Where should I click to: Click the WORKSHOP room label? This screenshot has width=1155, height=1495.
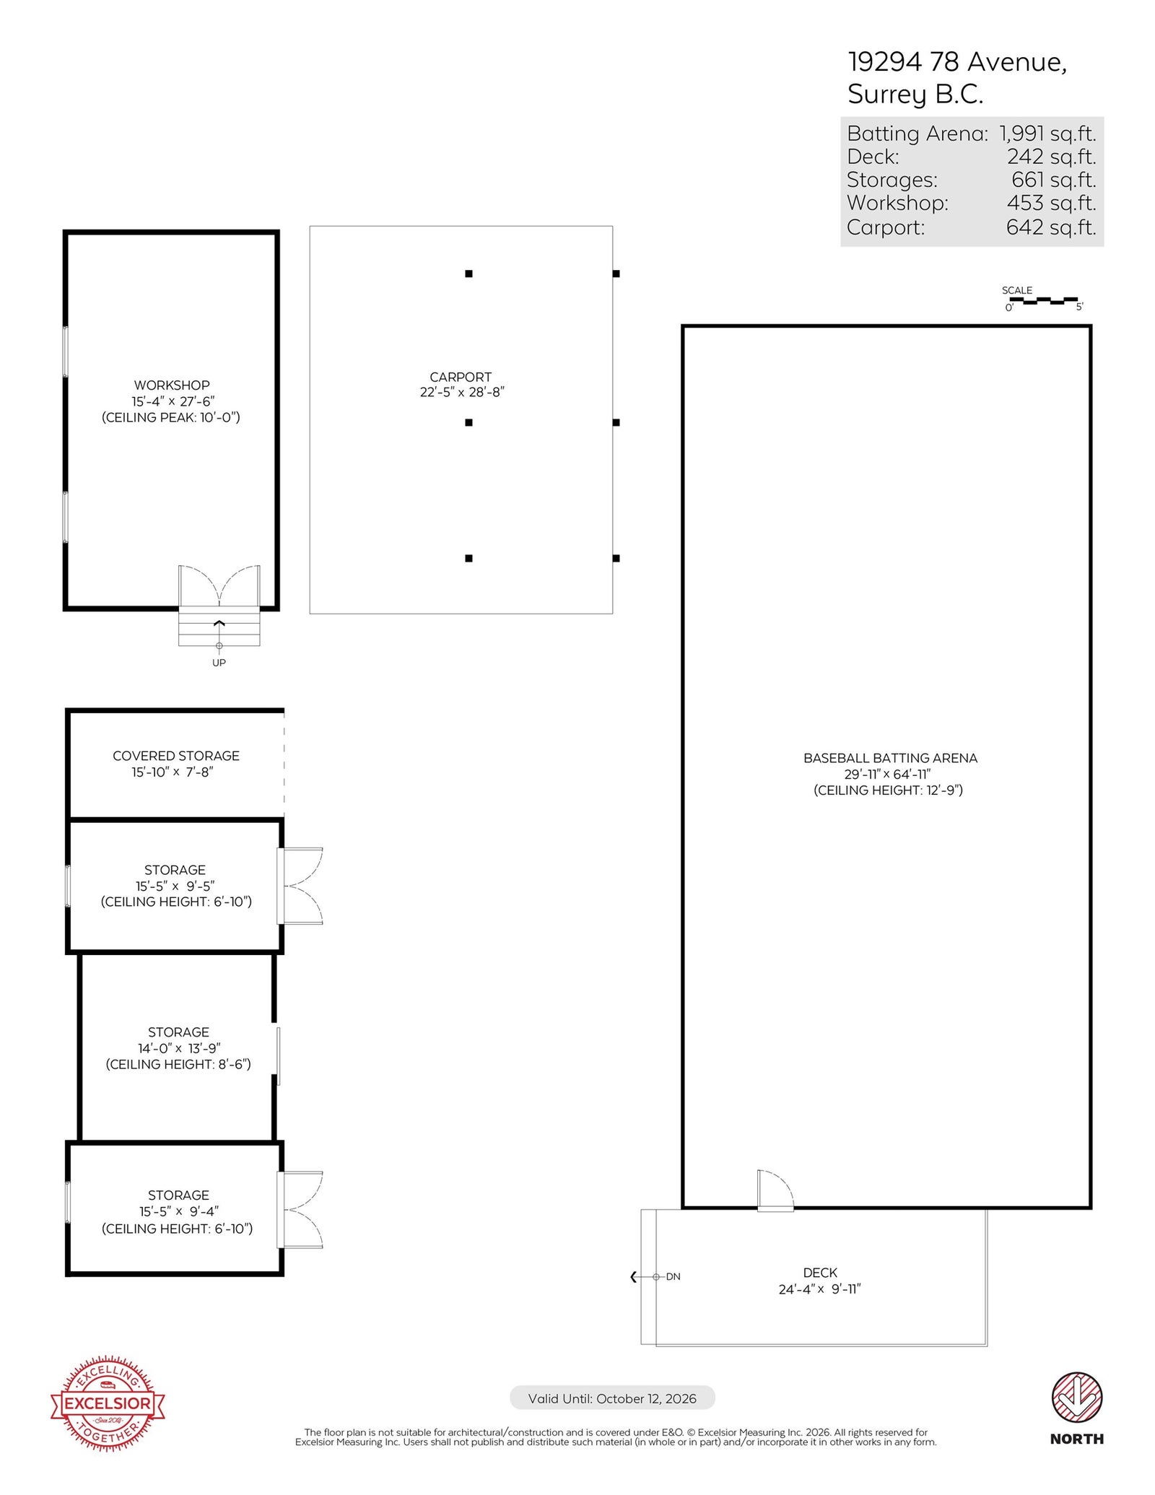coord(172,385)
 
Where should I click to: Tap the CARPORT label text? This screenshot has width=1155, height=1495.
coord(461,377)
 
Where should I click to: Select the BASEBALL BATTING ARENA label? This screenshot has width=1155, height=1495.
coord(890,758)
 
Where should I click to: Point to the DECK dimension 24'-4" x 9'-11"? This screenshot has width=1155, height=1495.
coord(820,1289)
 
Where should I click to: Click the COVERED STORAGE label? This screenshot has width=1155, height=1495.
coord(176,756)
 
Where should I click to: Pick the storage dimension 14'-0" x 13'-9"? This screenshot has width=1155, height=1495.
coord(179,1048)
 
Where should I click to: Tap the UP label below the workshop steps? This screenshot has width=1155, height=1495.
coord(219,663)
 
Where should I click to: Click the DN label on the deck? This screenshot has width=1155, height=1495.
coord(673,1276)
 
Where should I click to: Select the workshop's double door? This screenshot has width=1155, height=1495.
coord(219,586)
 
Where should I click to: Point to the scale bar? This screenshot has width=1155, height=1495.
coord(1043,300)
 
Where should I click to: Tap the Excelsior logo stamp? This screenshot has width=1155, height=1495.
coord(108,1403)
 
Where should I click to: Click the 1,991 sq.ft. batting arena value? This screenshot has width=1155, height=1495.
coord(1047,134)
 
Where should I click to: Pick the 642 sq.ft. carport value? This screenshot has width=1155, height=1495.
coord(1051,227)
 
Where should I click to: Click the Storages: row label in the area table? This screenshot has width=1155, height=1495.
coord(892,180)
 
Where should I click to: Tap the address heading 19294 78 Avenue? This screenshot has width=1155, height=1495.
coord(957,62)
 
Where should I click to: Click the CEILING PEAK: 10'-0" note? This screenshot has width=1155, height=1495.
coord(171,417)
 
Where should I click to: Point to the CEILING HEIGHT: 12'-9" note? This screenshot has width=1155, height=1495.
coord(889,790)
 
